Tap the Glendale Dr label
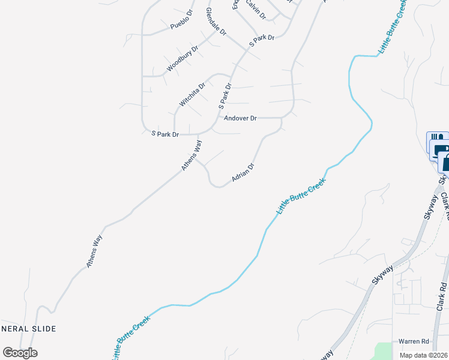point(215,21)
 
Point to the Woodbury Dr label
point(182,59)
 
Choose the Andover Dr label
point(240,119)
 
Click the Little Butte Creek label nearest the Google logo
point(130,337)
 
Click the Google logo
point(20,353)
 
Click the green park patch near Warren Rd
point(381,350)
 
